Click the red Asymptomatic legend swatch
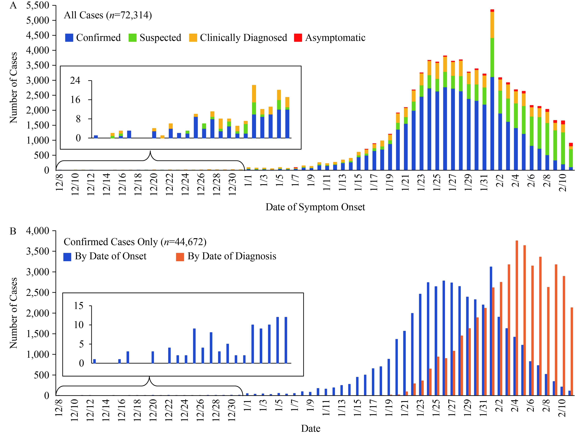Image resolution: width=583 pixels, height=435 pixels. [298, 38]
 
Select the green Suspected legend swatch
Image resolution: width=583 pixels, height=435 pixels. [132, 38]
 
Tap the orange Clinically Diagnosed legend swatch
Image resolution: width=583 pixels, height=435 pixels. [193, 38]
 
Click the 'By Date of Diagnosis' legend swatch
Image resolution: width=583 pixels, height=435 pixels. [180, 257]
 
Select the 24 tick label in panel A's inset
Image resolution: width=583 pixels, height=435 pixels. [75, 80]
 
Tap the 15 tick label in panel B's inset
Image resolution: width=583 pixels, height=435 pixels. [79, 306]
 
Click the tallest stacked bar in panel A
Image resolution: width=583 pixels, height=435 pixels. [492, 89]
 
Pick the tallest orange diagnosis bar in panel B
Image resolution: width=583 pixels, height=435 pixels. [517, 318]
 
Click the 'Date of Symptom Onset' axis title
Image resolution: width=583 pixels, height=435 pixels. [315, 207]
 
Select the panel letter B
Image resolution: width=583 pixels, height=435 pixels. [13, 231]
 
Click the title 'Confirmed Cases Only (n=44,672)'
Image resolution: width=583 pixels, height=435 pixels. [135, 242]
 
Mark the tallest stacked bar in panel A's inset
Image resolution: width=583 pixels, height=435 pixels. [254, 111]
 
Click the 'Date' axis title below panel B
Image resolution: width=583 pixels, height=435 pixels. [311, 428]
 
